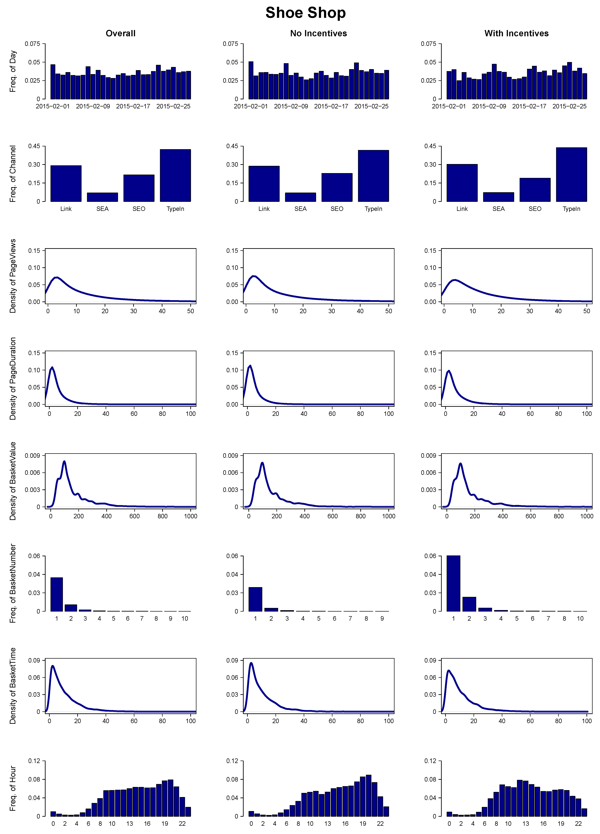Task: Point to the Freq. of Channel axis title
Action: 13,174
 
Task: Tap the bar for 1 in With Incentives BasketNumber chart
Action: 453,584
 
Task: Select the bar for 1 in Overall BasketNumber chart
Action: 57,594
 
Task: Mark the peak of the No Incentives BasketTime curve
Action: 251,663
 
